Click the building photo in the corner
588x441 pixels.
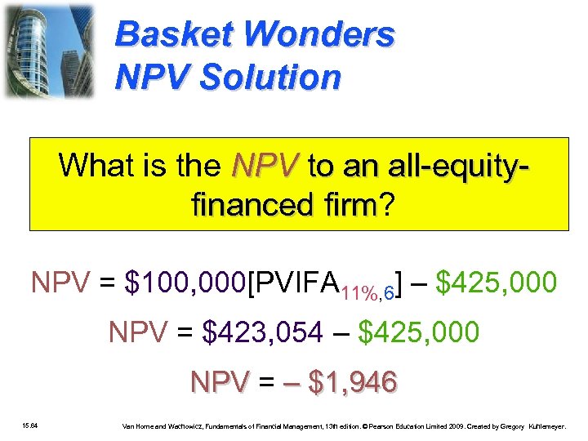coord(48,51)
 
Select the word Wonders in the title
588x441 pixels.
coord(319,35)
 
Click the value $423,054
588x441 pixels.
coord(262,333)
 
